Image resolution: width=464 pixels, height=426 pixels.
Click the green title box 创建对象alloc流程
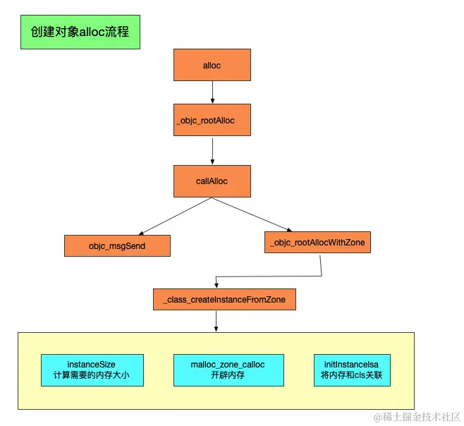click(80, 32)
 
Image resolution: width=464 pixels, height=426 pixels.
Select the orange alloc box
click(212, 65)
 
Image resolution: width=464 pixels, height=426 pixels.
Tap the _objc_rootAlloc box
click(212, 120)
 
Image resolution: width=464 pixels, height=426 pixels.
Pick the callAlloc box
click(212, 181)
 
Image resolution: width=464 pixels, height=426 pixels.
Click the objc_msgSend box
click(117, 245)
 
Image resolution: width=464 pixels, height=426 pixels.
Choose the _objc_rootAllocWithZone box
click(317, 242)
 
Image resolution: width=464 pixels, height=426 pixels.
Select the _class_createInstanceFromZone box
click(224, 299)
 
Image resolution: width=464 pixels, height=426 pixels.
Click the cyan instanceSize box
click(92, 370)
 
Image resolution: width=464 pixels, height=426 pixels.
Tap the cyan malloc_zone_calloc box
click(228, 370)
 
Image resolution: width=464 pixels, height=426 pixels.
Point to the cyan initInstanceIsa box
click(352, 370)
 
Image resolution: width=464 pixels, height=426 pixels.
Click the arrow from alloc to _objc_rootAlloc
click(212, 92)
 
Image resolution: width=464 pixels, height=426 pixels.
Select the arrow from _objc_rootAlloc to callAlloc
click(212, 151)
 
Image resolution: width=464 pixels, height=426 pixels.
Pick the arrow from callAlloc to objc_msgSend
click(176, 217)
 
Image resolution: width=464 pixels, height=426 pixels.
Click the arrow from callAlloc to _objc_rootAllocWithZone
click(252, 214)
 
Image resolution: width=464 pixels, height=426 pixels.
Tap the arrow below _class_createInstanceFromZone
click(216, 321)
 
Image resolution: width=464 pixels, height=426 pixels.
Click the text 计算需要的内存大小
click(92, 375)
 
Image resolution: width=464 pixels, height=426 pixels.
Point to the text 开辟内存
click(228, 375)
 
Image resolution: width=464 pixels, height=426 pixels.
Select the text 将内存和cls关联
click(352, 375)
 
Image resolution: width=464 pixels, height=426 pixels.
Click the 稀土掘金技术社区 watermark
click(417, 417)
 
